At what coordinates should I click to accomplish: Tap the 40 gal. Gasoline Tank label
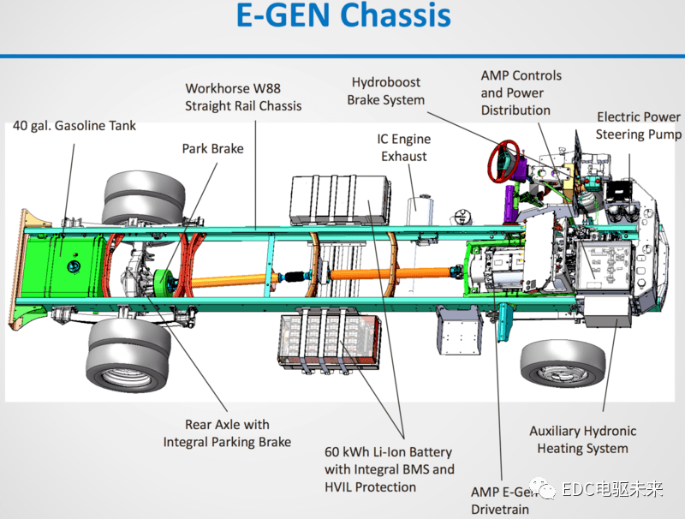(74, 126)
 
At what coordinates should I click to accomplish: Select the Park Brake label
(212, 148)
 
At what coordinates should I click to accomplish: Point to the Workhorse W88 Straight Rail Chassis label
(243, 97)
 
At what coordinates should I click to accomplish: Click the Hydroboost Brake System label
(385, 91)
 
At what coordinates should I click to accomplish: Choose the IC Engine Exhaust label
(404, 147)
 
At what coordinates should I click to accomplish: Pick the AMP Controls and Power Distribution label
(521, 92)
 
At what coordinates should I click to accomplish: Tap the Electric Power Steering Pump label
(639, 125)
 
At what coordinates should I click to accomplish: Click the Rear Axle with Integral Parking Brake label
(227, 433)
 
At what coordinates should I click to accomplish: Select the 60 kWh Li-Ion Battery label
(390, 469)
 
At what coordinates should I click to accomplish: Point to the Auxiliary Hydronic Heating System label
(582, 439)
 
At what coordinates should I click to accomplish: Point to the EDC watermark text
(611, 490)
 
